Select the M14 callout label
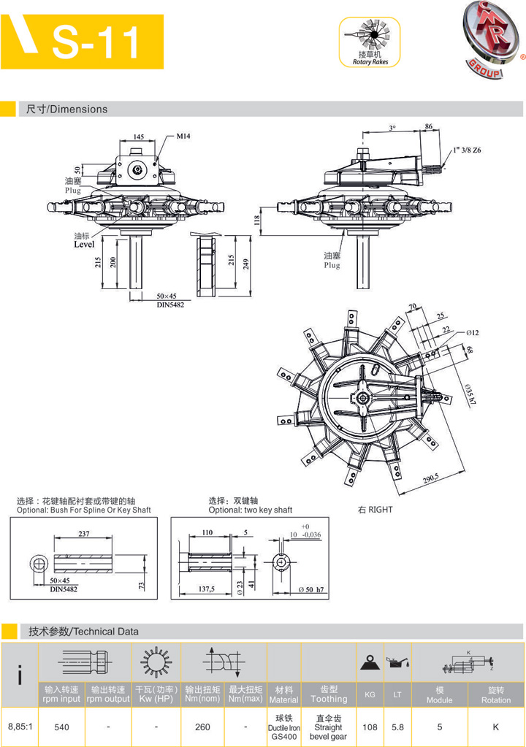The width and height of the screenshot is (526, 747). pyautogui.click(x=183, y=136)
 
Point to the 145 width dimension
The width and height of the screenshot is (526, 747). pyautogui.click(x=138, y=137)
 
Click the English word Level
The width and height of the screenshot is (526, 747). pyautogui.click(x=84, y=245)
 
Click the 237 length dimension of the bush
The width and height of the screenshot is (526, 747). pyautogui.click(x=84, y=534)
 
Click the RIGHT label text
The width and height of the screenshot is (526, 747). pyautogui.click(x=376, y=509)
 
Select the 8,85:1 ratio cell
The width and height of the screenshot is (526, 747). pyautogui.click(x=19, y=727)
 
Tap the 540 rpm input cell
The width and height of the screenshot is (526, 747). pyautogui.click(x=62, y=727)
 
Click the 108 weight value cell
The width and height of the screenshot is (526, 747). pyautogui.click(x=370, y=727)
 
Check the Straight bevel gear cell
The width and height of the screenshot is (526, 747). pyautogui.click(x=328, y=727)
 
